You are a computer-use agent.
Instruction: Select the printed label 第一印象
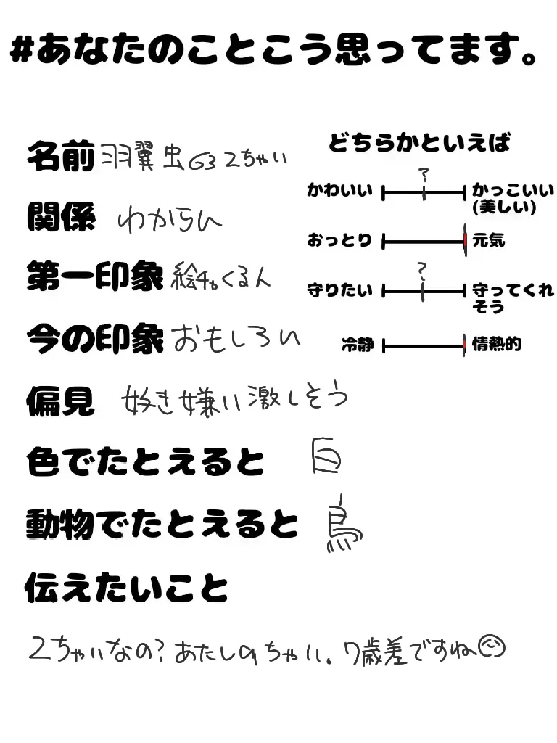click(94, 276)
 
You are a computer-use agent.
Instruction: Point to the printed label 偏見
click(60, 400)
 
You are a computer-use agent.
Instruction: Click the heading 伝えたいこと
click(126, 587)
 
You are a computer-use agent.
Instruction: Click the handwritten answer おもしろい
click(236, 338)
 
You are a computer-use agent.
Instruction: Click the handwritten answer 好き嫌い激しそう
click(234, 398)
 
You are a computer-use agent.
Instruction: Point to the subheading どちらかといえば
click(419, 143)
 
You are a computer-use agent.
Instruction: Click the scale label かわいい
click(339, 192)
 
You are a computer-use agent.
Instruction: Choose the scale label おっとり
click(339, 240)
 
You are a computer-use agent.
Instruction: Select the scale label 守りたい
click(339, 291)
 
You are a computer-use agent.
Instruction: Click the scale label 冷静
click(357, 345)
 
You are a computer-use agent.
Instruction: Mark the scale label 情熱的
click(496, 344)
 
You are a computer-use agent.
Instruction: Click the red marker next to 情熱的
click(464, 345)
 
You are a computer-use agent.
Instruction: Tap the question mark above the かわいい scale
click(424, 174)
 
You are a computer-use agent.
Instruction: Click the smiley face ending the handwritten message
click(493, 645)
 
